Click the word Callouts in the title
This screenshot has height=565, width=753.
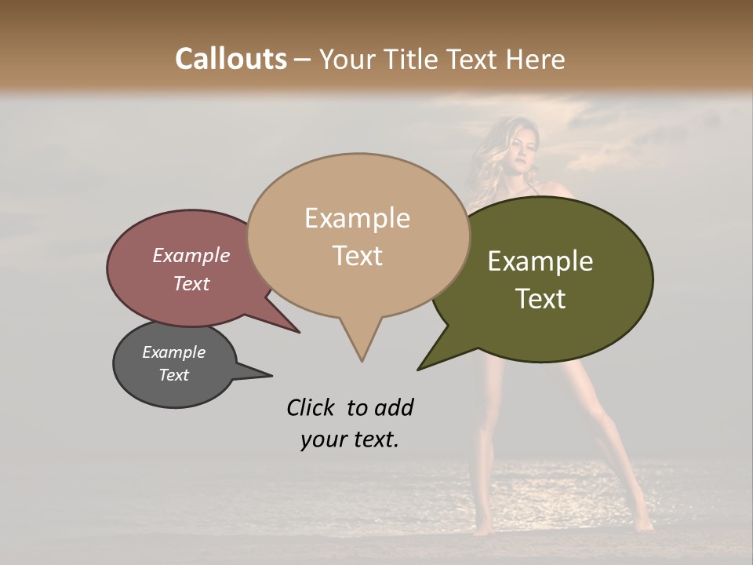(x=231, y=59)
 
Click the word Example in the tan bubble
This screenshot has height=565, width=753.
(x=357, y=218)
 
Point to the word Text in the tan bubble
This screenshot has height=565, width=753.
(x=357, y=256)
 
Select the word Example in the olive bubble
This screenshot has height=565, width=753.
(x=540, y=261)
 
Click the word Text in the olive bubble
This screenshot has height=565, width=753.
(x=540, y=299)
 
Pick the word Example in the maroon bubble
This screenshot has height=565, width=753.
(x=191, y=255)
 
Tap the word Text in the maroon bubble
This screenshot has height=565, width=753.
(x=191, y=283)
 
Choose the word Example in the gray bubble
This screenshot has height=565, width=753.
(x=174, y=352)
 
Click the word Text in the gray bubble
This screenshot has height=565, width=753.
(x=174, y=375)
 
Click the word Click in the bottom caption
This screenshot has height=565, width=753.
(x=311, y=407)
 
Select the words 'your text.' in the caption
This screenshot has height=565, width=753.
(x=350, y=439)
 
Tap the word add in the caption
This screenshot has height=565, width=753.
(x=393, y=407)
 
